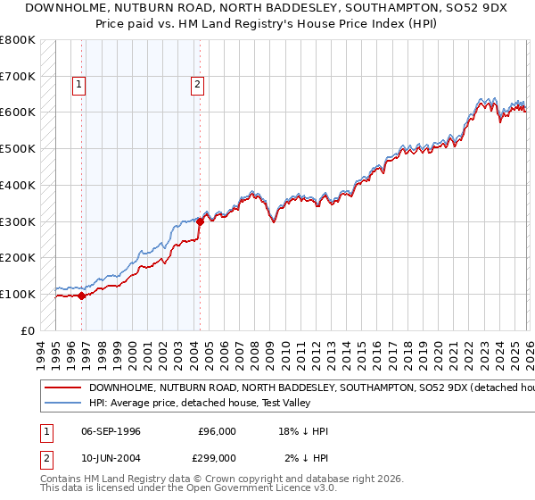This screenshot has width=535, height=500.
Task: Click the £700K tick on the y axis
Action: [18, 76]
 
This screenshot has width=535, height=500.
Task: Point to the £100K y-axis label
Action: [18, 294]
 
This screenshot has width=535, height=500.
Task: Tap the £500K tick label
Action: [18, 148]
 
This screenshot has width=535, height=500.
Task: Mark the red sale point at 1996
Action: [81, 296]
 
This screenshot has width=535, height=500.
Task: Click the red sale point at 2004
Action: [200, 221]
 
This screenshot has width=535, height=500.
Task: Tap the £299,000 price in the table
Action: [218, 457]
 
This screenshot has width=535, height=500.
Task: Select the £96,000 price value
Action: [218, 431]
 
